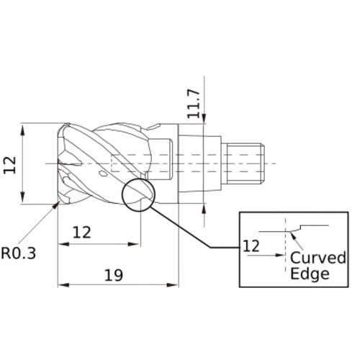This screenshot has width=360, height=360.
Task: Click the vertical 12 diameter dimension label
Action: pos(11,165)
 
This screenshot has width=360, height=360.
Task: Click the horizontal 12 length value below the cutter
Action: pos(83,232)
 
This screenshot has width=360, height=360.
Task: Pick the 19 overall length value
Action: pos(114,274)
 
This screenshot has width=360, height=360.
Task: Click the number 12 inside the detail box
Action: pos(251,246)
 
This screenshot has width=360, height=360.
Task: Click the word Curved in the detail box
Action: pos(318,258)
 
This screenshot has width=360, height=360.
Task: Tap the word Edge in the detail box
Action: pos(310,274)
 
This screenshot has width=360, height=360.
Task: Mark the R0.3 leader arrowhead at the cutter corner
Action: pos(57,205)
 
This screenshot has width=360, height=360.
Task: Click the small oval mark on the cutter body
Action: pos(103,174)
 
